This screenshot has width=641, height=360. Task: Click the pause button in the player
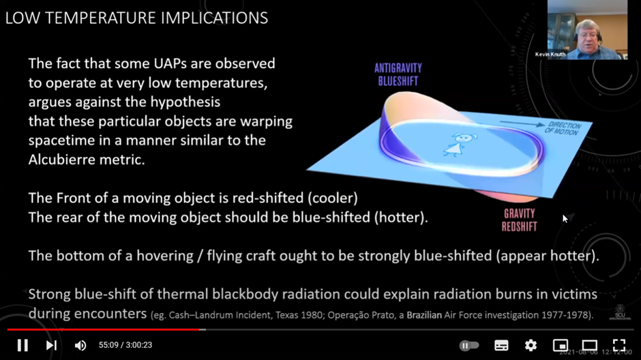23,345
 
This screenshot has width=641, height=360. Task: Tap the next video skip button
51,345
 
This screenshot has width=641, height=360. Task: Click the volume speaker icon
80,346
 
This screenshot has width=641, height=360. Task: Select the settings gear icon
531,345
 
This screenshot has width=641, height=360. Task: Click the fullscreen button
619,345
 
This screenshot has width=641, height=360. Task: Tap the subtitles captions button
501,345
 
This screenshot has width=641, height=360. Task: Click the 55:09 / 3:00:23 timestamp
125,345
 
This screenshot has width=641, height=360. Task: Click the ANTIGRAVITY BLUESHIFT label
398,74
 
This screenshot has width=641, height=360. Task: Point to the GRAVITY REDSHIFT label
519,220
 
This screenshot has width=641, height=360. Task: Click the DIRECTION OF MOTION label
563,128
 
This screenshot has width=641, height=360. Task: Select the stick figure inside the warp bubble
458,145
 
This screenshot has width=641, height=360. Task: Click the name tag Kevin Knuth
550,55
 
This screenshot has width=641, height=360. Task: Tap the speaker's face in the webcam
587,37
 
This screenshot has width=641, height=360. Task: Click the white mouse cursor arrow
565,219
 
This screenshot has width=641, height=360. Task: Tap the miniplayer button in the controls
560,345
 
